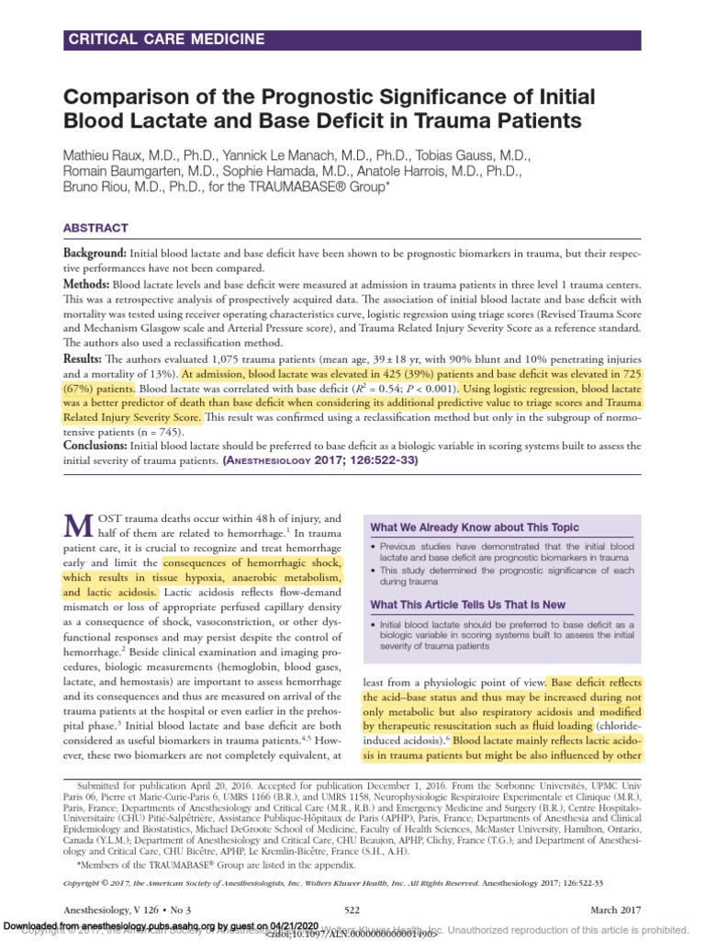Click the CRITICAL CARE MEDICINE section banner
pyautogui.click(x=165, y=40)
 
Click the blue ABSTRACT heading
pyautogui.click(x=95, y=228)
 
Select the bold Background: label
pyautogui.click(x=95, y=253)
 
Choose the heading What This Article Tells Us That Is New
pyautogui.click(x=480, y=604)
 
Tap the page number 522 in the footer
pyautogui.click(x=352, y=909)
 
